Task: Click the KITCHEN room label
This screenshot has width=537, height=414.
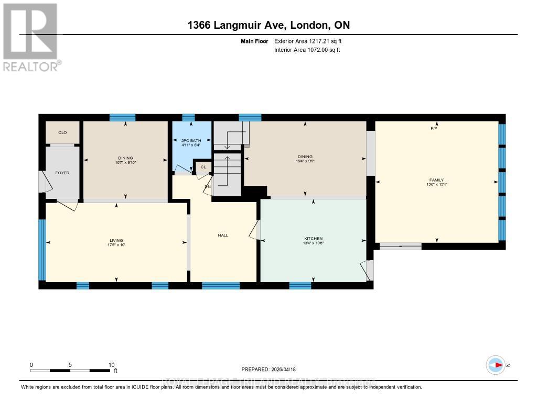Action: [x=313, y=238]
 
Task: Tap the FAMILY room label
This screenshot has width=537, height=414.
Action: [x=436, y=180]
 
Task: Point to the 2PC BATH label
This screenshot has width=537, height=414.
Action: [x=192, y=141]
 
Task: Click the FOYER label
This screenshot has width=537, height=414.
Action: [x=62, y=173]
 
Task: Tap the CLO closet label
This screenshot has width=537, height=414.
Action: [x=62, y=132]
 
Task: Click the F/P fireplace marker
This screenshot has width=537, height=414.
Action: [x=434, y=128]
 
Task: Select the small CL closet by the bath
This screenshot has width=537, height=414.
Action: [x=202, y=167]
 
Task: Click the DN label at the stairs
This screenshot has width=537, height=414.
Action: [x=208, y=186]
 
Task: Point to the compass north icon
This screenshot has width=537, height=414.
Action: [x=496, y=364]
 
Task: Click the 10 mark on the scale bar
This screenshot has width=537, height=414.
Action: [x=111, y=365]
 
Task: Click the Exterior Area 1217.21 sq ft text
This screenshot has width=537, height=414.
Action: [x=307, y=41]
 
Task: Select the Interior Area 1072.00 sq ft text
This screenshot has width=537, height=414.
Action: [x=307, y=50]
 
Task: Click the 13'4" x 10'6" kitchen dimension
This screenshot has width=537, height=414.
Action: [x=313, y=243]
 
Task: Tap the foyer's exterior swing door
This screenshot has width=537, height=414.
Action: [x=44, y=183]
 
